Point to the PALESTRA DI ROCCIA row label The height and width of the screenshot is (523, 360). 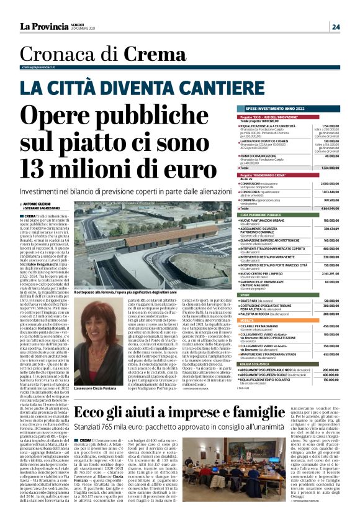coord(261,314)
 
